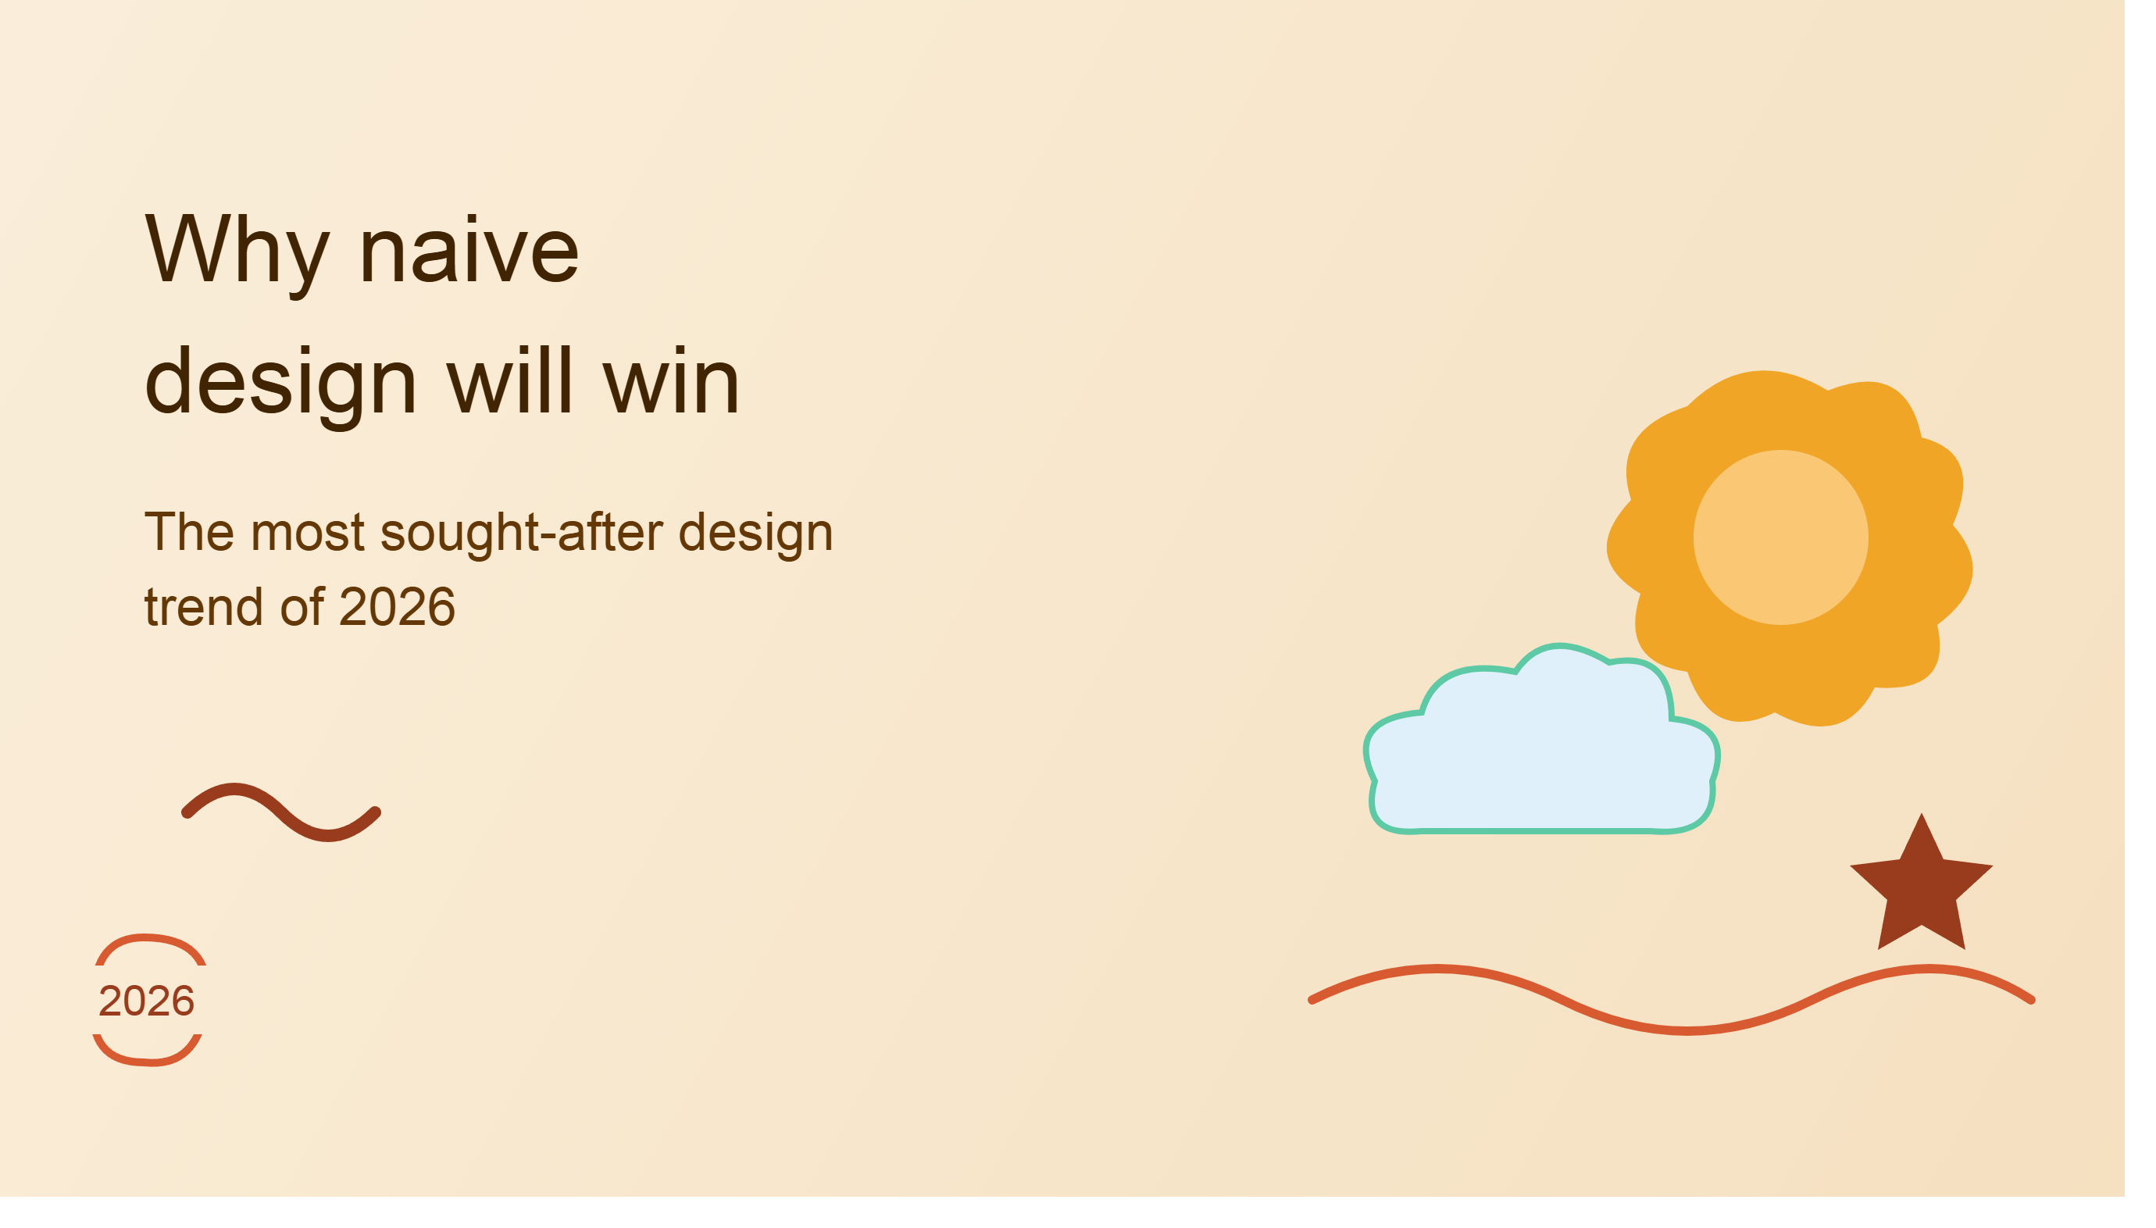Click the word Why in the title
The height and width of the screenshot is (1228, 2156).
[237, 252]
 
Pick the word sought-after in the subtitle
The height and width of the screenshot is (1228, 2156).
[521, 533]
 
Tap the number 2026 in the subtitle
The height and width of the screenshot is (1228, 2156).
[396, 607]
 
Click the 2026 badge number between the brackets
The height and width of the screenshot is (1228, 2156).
[147, 1001]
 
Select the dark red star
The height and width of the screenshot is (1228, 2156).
[1921, 890]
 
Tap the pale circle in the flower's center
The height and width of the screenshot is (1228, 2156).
[1780, 537]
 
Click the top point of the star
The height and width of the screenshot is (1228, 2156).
[1922, 814]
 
